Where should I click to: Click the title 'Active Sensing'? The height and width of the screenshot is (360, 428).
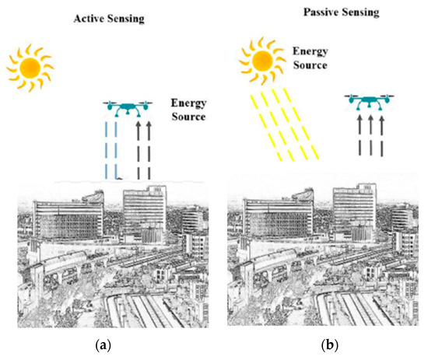(110, 17)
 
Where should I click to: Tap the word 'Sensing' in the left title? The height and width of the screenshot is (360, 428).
(129, 18)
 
